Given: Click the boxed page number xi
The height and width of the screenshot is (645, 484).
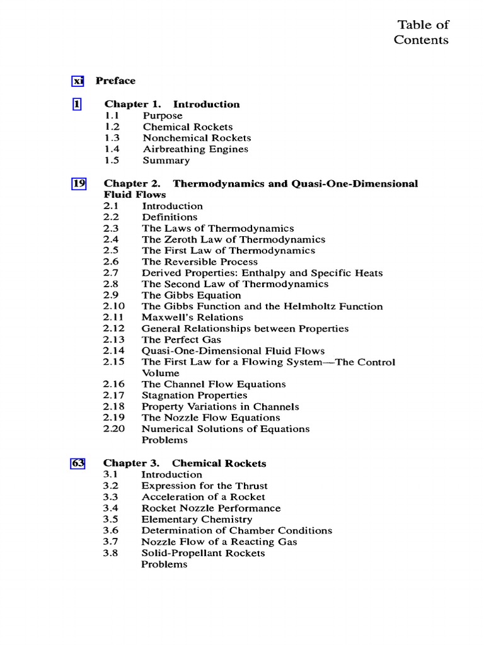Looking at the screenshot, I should click(78, 81).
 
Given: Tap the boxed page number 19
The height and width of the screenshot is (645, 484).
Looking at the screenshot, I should click(78, 184).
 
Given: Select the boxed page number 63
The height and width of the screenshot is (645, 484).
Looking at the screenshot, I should click(78, 464).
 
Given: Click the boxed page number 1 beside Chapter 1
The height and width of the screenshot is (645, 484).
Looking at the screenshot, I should click(77, 105).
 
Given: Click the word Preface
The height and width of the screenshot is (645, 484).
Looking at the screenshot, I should click(115, 81).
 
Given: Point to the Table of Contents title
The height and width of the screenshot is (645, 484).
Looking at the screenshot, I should click(422, 32).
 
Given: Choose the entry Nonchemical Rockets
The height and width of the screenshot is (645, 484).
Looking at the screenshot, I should click(197, 138).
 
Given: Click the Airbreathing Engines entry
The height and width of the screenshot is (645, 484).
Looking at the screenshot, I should click(195, 149).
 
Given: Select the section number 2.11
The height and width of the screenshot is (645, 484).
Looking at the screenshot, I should click(114, 317).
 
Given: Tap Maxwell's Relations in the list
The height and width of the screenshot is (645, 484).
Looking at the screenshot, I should click(192, 317).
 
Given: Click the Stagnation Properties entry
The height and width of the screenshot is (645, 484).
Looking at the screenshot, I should click(194, 396).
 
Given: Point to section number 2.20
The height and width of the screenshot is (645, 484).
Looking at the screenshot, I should click(114, 429).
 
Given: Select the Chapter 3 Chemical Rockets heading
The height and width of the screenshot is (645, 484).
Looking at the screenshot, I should click(185, 464).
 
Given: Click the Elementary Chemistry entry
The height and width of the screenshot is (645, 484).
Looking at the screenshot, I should click(197, 520).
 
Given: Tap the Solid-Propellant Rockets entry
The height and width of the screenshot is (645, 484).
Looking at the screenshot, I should click(203, 553).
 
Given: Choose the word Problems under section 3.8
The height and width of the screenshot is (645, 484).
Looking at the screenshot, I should click(164, 564).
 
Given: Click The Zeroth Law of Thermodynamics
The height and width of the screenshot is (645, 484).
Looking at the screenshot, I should click(233, 239).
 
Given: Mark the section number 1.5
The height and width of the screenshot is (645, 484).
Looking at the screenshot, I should click(112, 161).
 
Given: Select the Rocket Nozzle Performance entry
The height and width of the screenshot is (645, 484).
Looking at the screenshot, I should click(210, 508).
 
